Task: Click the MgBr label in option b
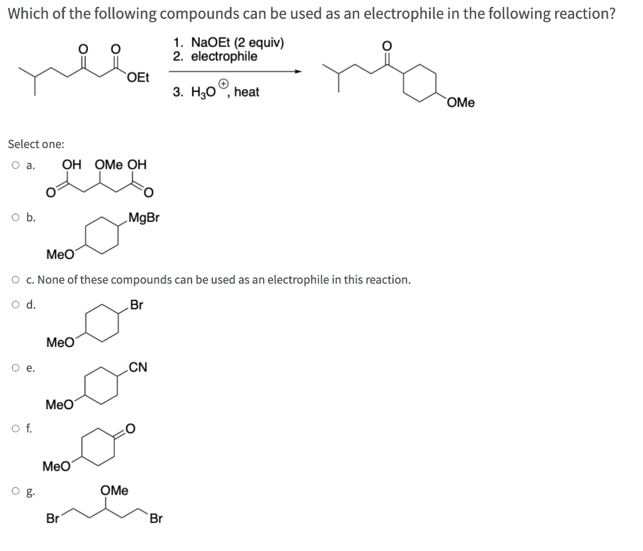144,218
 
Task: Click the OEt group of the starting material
138,78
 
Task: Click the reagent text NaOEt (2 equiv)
229,43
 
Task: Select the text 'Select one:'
36,144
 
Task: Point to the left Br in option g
53,519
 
